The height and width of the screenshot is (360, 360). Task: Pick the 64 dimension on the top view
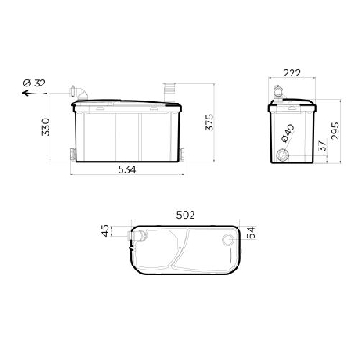(251, 232)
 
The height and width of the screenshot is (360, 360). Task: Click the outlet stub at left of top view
(138, 236)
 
